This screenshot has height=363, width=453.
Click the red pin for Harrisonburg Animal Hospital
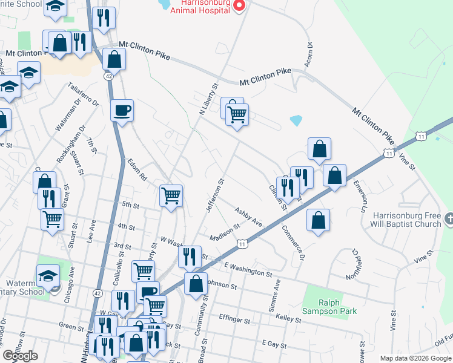coord(239,6)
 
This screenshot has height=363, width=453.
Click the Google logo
coord(20,355)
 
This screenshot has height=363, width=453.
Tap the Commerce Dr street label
coord(292,244)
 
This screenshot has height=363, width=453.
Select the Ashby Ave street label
coord(250,216)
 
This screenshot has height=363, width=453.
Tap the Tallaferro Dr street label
coord(84,94)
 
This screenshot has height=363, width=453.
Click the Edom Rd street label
coord(137,171)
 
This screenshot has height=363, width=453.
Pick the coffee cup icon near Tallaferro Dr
coord(122,110)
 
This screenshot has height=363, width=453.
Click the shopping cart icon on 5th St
coord(171,195)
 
